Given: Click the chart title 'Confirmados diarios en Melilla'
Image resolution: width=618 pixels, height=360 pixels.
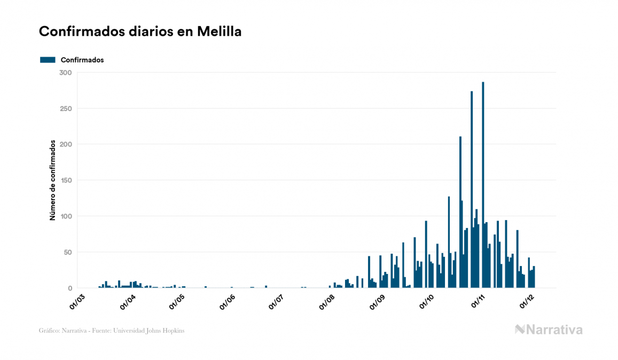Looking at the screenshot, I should coord(140,32).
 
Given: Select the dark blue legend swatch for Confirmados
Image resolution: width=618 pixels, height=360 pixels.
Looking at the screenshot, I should coord(48,60).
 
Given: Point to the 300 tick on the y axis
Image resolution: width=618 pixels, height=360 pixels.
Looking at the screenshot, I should coord(66,73).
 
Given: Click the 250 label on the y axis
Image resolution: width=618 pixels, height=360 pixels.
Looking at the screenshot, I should coord(66,108).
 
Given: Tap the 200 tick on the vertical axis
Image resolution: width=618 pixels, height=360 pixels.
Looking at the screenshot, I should coord(66,144).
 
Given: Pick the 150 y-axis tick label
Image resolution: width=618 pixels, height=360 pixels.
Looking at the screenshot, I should coord(66,181).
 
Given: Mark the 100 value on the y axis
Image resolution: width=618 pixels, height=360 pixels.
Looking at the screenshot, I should coord(66,216).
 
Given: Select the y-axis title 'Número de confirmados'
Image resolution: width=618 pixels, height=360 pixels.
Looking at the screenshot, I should coord(52,181).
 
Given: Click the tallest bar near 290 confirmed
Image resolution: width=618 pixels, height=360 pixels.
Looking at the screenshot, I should coord(483,187).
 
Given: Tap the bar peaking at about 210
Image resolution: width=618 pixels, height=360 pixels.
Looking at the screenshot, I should coord(460,214).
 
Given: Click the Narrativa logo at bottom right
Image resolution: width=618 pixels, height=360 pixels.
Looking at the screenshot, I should coord(549,330).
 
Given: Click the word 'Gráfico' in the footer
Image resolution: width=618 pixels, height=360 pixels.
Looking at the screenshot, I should coord(48,331).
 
